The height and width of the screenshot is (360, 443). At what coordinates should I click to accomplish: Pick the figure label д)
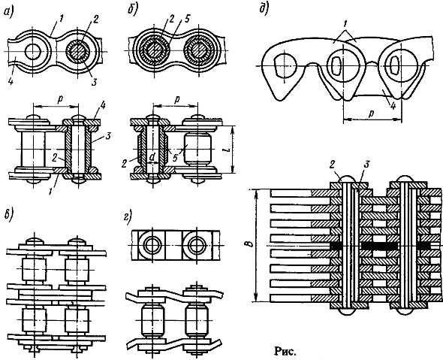[x=265, y=9]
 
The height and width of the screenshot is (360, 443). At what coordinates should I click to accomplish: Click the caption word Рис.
[x=285, y=352]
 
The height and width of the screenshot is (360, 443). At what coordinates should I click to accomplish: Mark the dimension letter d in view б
[x=152, y=158]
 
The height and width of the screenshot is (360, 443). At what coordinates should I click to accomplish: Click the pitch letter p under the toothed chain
[x=372, y=113]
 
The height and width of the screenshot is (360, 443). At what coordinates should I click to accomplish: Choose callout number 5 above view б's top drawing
[x=187, y=19]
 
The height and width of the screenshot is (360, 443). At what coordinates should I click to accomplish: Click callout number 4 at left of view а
[x=10, y=81]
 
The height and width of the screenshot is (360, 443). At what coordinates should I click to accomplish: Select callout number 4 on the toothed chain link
[x=393, y=104]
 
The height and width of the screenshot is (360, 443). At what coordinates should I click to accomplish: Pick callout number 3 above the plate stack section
[x=366, y=165]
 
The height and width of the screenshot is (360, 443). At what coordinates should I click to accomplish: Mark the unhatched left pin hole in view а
[x=33, y=51]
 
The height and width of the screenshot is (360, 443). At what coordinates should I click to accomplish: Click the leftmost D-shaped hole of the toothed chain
[x=285, y=65]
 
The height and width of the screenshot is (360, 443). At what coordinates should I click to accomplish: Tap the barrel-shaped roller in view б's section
[x=197, y=149]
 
